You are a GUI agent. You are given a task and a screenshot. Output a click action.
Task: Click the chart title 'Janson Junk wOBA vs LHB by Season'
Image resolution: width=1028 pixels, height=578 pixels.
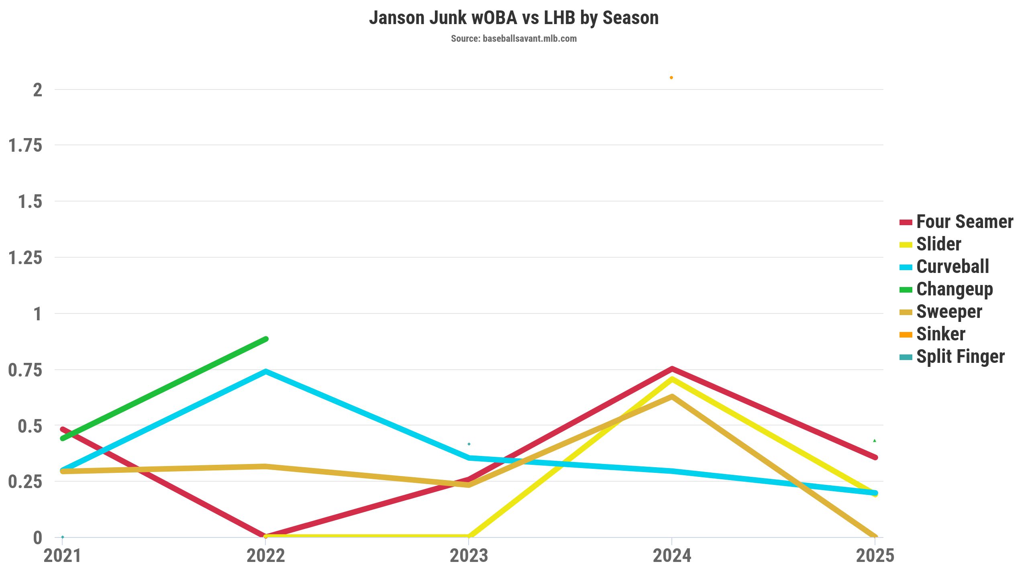514,18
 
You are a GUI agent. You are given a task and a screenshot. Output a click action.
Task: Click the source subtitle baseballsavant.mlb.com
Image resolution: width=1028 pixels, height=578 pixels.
514,39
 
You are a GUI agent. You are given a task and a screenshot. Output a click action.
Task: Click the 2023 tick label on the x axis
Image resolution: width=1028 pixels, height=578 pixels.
469,556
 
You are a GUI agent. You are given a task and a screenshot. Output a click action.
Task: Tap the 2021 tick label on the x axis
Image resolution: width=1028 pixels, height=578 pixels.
63,556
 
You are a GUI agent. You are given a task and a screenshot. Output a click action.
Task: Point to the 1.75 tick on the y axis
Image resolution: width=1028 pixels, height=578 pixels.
25,145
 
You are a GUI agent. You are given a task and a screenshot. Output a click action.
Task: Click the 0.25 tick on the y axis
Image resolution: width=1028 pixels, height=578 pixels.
25,482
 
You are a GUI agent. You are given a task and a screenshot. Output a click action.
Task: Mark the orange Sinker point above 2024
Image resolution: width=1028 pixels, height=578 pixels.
671,78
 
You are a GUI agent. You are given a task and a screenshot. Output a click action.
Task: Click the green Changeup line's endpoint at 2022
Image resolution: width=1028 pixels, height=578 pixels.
265,339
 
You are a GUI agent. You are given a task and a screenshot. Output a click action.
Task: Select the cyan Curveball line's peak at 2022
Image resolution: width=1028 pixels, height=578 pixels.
265,372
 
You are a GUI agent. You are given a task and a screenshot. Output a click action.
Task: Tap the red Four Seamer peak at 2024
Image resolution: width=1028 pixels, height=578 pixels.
672,368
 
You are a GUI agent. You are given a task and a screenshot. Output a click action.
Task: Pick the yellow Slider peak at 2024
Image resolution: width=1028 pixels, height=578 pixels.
672,379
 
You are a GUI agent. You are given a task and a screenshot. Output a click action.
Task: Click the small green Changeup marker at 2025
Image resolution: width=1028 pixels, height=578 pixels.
875,441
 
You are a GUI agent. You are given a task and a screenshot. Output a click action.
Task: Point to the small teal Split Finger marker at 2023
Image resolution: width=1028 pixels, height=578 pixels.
469,444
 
